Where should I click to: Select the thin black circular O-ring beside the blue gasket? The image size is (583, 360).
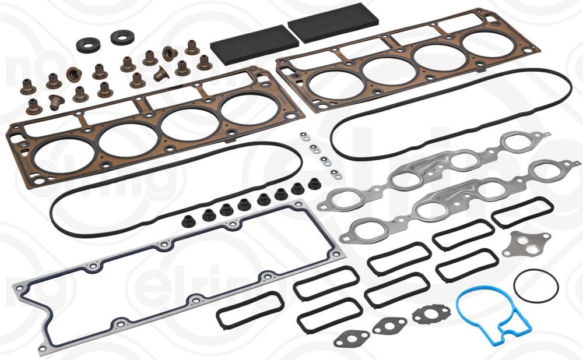coord(536,286)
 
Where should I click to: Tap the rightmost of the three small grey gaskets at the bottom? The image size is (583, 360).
coord(431,315)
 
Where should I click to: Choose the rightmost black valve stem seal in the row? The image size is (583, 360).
coord(315,185)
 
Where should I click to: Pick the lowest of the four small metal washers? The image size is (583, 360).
coord(337,174)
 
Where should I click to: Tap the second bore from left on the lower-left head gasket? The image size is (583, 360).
coord(126,139)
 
